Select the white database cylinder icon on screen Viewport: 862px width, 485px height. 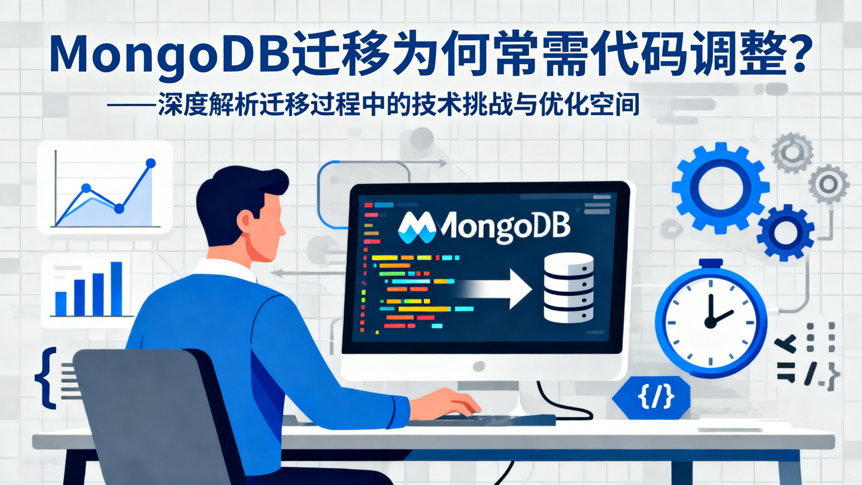coord(568,287)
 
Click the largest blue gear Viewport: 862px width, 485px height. coord(720,187)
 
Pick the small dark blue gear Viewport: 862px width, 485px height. coord(785,232)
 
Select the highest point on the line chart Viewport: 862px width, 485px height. coord(150,163)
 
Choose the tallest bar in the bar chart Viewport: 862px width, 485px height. coord(117,288)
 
